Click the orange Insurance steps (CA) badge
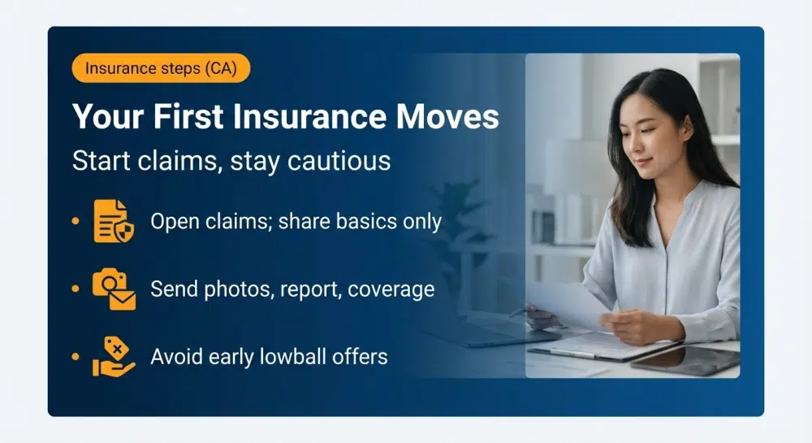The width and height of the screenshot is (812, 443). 161,68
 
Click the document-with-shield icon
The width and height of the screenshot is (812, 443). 111,220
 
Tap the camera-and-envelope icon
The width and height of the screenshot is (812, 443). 113,289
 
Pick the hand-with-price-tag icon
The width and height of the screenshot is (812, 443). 113,357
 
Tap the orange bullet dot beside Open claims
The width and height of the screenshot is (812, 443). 76,221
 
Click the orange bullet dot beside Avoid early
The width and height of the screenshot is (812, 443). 76,357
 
